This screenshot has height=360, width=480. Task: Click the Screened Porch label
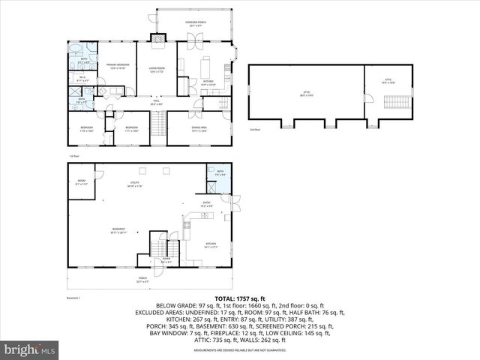pyautogui.click(x=196, y=23)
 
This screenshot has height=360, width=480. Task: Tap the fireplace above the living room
pyautogui.click(x=159, y=38)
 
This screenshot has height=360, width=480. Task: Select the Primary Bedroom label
pyautogui.click(x=117, y=66)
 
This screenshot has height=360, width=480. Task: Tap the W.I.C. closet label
pyautogui.click(x=82, y=79)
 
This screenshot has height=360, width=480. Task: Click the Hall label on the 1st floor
pyautogui.click(x=156, y=103)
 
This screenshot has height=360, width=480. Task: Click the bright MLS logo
pyautogui.click(x=30, y=349)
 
